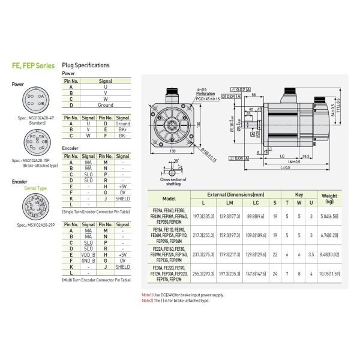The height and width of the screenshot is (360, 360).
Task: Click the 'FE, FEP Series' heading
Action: (33, 66)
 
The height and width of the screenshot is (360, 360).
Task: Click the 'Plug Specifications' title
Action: (86, 65)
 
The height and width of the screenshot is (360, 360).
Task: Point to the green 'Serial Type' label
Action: (35, 188)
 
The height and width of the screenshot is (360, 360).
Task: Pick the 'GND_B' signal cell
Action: (88, 260)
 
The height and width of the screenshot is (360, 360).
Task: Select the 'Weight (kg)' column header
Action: (329, 199)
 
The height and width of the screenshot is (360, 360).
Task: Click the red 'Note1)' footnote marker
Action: (147, 295)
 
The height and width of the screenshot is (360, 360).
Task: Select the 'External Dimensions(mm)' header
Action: (235, 195)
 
